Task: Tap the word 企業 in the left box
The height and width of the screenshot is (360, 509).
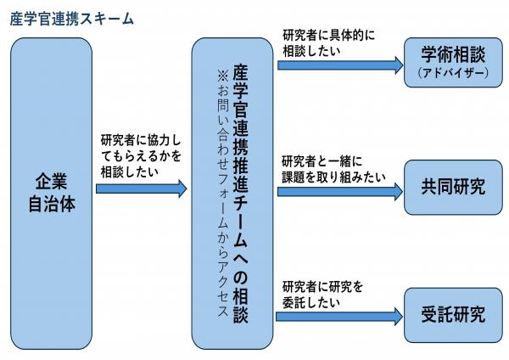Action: [x=50, y=182]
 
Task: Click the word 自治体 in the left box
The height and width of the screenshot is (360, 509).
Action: [x=50, y=205]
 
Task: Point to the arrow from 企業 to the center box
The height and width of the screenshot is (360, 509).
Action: [x=141, y=188]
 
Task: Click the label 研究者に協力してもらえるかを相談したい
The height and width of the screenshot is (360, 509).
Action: [x=140, y=153]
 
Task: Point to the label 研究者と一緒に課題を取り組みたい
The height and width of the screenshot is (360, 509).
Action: [x=333, y=168]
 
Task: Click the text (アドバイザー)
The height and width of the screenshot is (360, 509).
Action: [x=451, y=73]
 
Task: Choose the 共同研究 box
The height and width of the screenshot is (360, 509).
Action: [x=451, y=188]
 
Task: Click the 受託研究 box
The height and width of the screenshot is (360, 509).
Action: [x=451, y=313]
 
